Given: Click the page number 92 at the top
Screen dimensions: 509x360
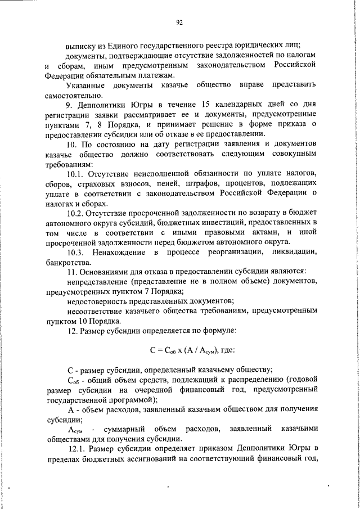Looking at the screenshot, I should pyautogui.click(x=180, y=22).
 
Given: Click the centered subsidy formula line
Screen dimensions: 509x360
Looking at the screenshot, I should pyautogui.click(x=188, y=350).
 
